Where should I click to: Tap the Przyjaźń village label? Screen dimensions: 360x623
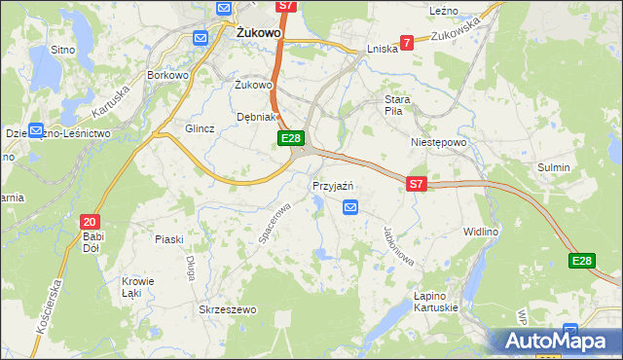point(332,186)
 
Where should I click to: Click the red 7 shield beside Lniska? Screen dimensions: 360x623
point(406,42)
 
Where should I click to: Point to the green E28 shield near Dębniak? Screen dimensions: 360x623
point(290,139)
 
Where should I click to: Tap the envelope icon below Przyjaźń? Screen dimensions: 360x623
point(350,206)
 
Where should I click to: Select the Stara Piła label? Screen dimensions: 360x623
point(399,106)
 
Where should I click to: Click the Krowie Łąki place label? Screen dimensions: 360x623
point(131,287)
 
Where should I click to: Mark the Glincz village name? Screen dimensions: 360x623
point(200,128)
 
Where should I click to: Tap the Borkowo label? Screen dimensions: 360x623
point(166,74)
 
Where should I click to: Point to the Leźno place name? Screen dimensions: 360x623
point(443,10)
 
